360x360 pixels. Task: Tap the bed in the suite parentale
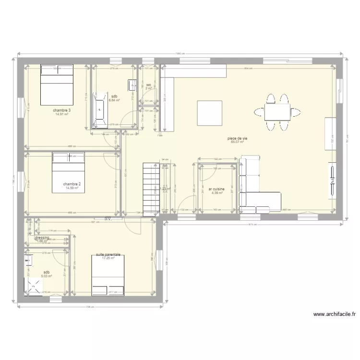coord(108,275)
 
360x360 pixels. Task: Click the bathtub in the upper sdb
coord(100,110)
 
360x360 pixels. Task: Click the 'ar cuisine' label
coord(217,189)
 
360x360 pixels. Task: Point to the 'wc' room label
coord(149,85)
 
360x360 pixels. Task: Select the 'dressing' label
coord(42,237)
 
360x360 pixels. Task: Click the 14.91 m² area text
coord(62,114)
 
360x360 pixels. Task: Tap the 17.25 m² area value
coord(108,258)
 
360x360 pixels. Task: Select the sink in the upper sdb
coord(132,85)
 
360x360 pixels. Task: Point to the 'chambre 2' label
coord(72,184)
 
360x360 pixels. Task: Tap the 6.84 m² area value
coord(114,100)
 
